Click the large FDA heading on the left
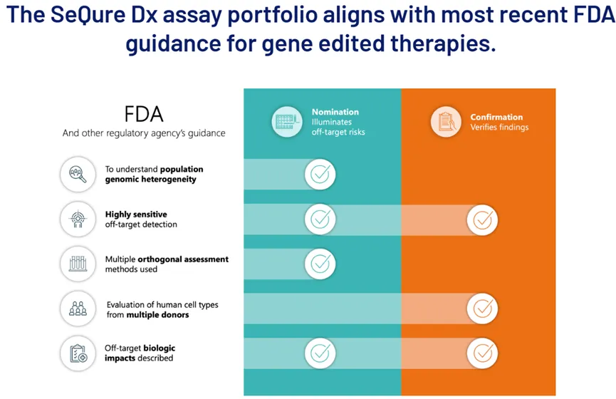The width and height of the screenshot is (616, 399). (145, 114)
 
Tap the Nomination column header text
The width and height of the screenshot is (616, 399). (335, 112)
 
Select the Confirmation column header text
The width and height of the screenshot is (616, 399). (496, 117)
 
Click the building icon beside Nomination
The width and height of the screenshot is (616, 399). (286, 122)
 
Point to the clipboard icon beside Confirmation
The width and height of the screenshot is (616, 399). (446, 122)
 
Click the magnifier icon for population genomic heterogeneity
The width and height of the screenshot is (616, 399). (78, 175)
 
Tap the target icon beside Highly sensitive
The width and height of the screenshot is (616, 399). (78, 219)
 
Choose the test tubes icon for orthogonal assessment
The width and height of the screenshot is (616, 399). (78, 264)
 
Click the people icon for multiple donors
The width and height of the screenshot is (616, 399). (78, 309)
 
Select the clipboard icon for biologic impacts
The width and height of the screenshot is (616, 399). (78, 353)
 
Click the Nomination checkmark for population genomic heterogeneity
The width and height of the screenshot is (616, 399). (320, 175)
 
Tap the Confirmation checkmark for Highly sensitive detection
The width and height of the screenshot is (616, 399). (482, 219)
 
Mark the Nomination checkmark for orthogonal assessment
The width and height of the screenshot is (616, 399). (320, 264)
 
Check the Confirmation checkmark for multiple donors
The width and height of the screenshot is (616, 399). (482, 309)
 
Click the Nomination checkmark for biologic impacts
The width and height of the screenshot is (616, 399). (320, 353)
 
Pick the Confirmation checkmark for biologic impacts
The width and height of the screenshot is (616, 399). (482, 353)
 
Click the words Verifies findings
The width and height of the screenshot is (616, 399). (499, 128)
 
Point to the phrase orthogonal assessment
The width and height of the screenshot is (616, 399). (190, 259)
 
